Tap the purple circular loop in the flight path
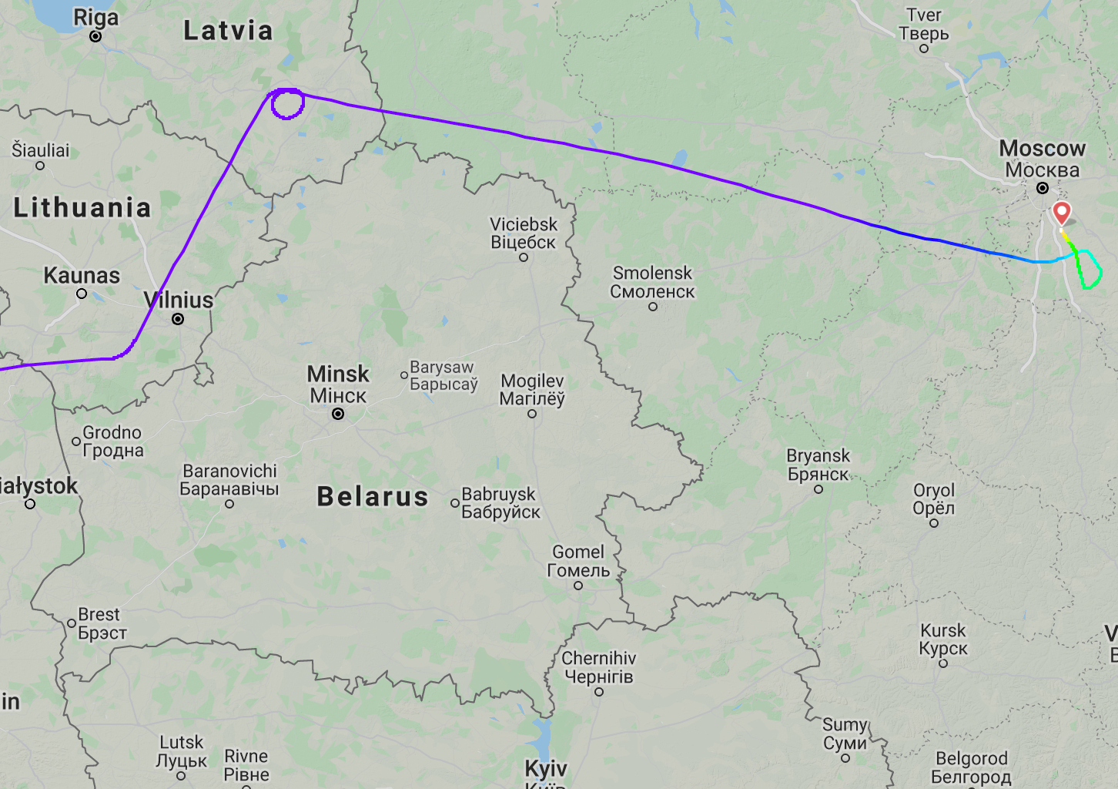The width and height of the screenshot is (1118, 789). [288, 104]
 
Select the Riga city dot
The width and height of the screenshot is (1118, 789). [95, 36]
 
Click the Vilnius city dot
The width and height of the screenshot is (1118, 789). [178, 319]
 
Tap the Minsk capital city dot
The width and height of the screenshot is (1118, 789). [337, 415]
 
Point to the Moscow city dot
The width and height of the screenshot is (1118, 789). [1042, 188]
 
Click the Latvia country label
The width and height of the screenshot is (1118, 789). [228, 31]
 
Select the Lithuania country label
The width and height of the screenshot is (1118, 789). [82, 207]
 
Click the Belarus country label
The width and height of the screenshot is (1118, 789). [373, 497]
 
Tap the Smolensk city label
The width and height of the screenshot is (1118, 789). [652, 282]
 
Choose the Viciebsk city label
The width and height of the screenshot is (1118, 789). [524, 233]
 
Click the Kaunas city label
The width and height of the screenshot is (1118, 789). [82, 275]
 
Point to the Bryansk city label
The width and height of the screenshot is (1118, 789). [818, 465]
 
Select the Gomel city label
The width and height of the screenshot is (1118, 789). [578, 561]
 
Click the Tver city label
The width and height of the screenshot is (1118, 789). [924, 25]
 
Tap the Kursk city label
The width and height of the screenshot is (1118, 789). [943, 640]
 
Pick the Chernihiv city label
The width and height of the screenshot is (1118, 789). [599, 667]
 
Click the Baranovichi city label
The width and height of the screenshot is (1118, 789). [229, 479]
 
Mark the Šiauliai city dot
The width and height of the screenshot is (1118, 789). [40, 166]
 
